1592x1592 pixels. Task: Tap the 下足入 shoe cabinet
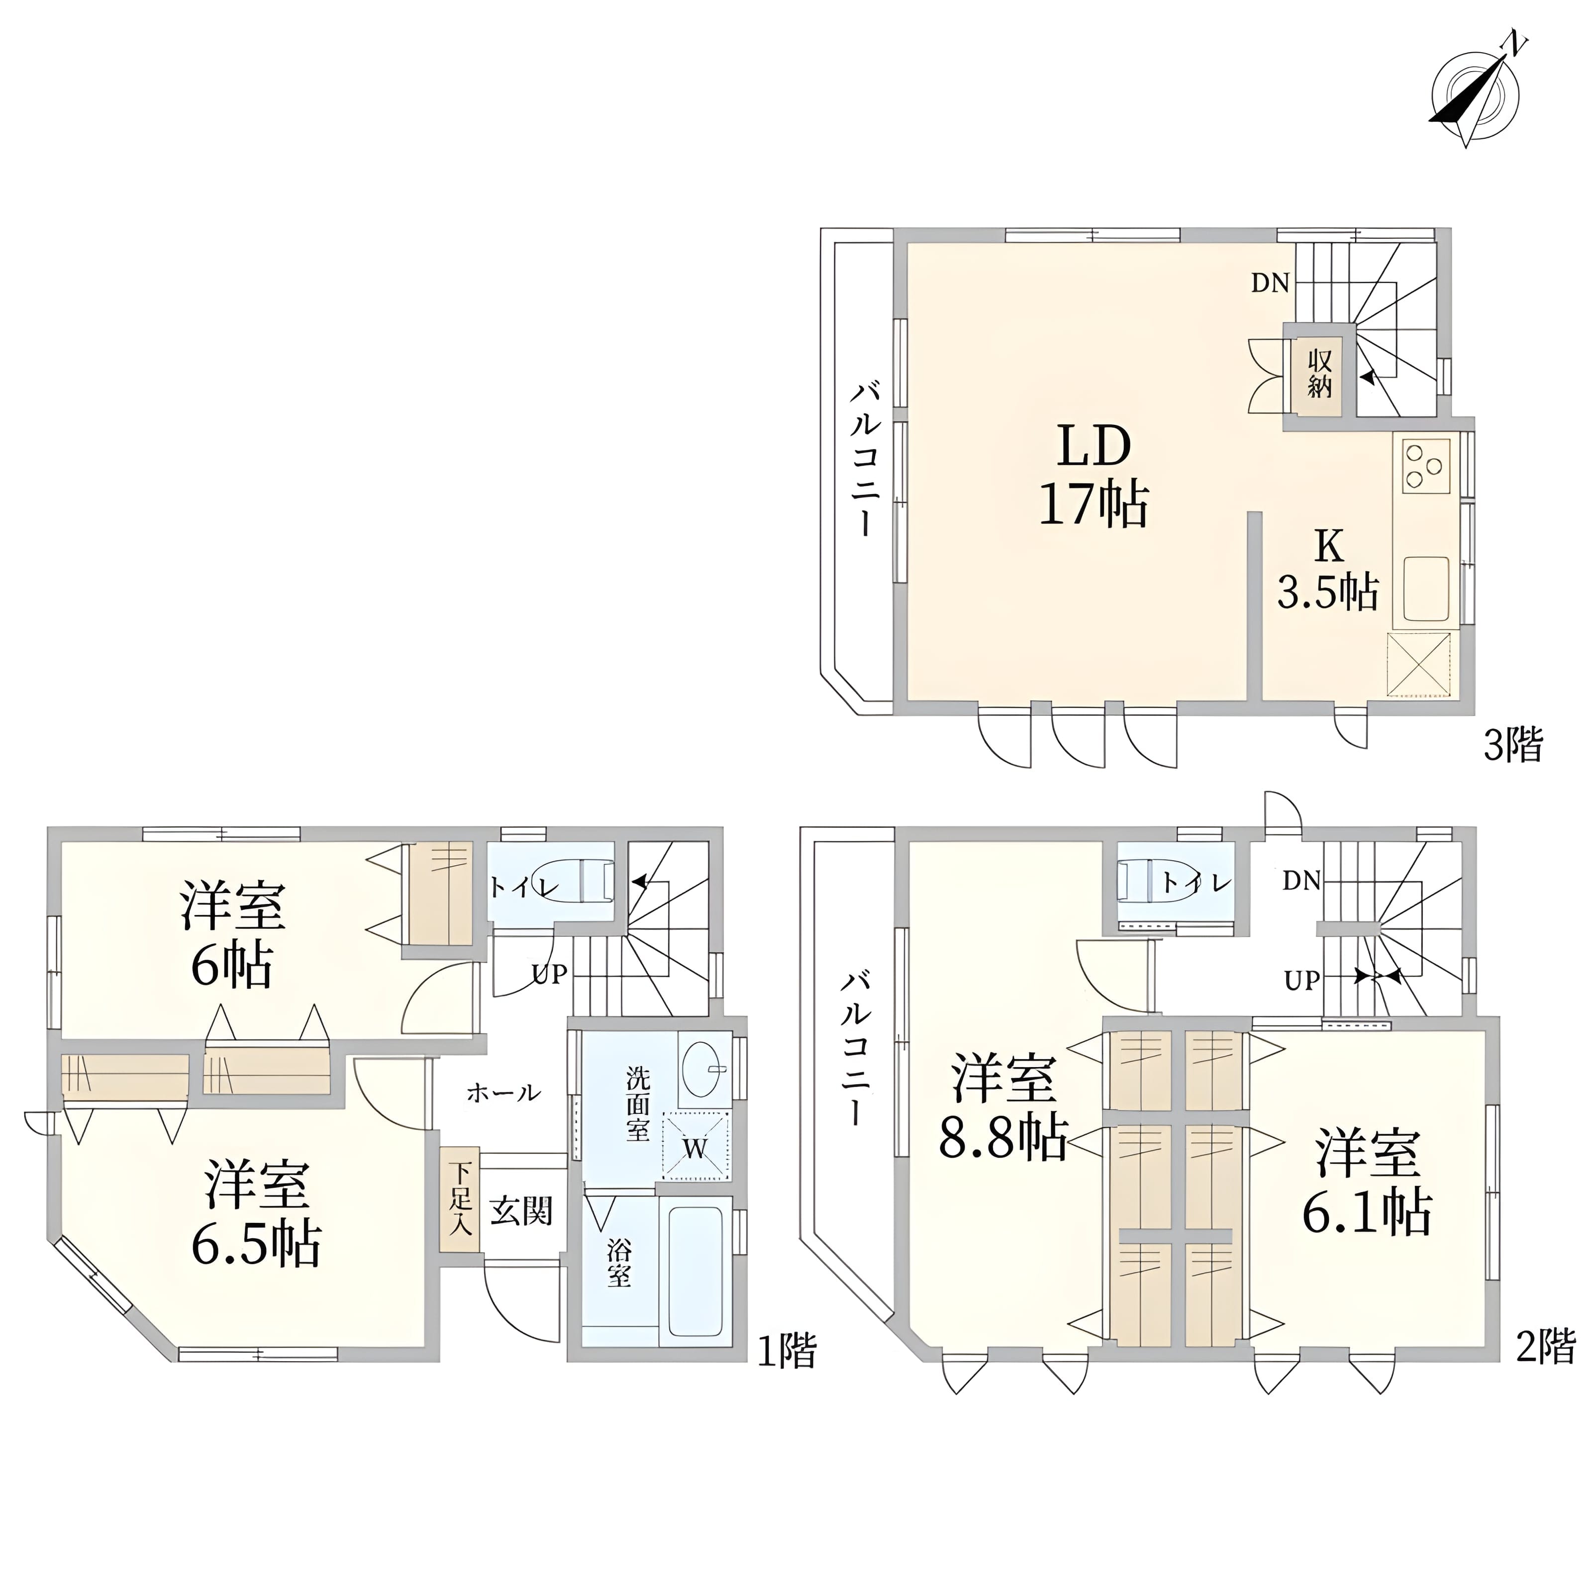coord(459,1200)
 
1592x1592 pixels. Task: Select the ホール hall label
coord(503,1093)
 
